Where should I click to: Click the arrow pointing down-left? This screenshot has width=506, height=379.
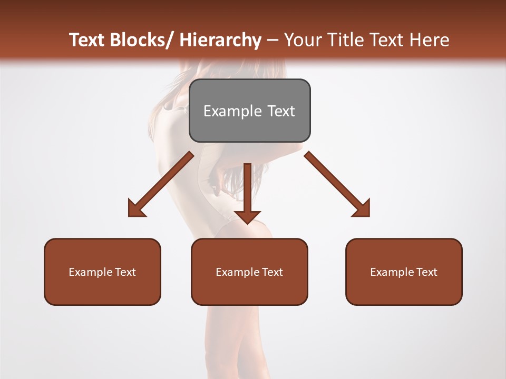click(161, 184)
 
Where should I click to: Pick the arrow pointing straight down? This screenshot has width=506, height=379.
click(247, 192)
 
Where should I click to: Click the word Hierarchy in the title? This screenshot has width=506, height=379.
click(220, 40)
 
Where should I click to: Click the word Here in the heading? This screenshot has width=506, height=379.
click(430, 40)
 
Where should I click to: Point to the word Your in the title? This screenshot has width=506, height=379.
click(301, 40)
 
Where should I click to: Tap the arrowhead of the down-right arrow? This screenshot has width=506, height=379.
click(362, 209)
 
